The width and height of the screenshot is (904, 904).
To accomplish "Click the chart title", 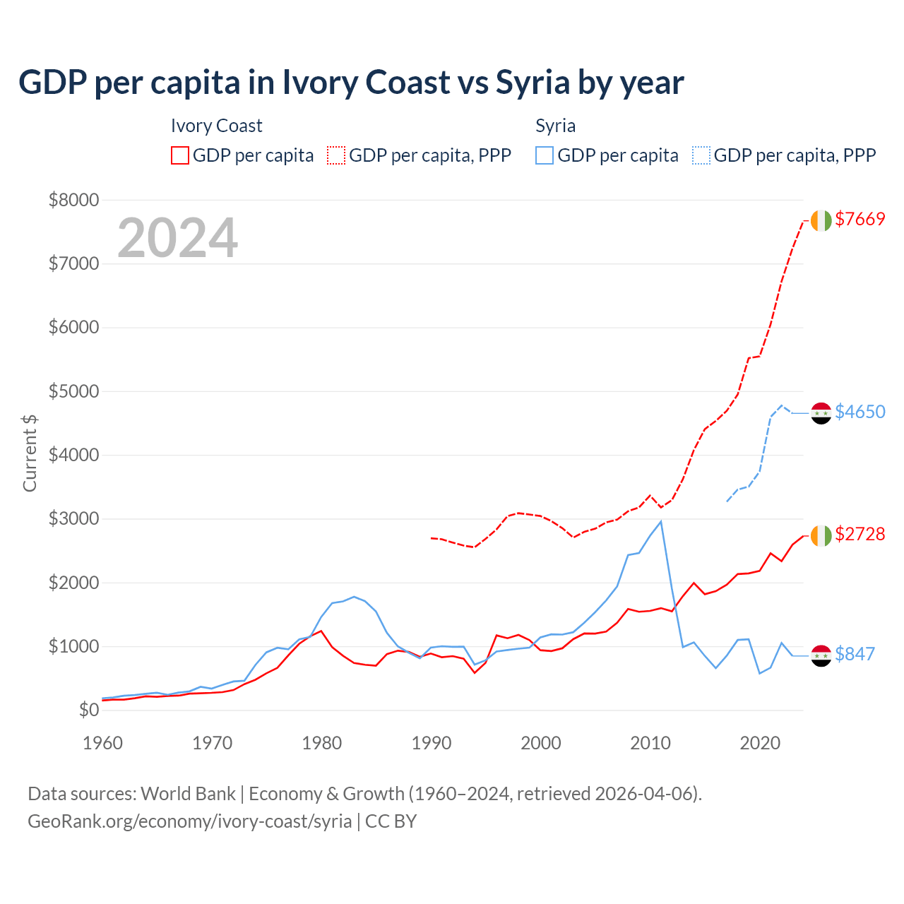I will pyautogui.click(x=351, y=83).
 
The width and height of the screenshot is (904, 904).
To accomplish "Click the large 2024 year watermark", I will pyautogui.click(x=177, y=238).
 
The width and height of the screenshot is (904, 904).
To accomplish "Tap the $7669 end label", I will pyautogui.click(x=860, y=219).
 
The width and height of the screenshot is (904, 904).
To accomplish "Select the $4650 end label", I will pyautogui.click(x=860, y=412).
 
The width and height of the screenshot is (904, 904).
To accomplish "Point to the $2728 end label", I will pyautogui.click(x=860, y=534).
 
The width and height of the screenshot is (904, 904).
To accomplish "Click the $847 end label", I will pyautogui.click(x=855, y=654).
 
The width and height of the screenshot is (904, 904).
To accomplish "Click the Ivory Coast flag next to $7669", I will pyautogui.click(x=821, y=220).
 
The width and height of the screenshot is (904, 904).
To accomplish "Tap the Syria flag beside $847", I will pyautogui.click(x=821, y=655).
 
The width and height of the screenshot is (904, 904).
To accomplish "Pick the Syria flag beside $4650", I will pyautogui.click(x=821, y=413).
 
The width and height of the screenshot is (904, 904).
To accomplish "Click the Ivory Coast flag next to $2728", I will pyautogui.click(x=821, y=535).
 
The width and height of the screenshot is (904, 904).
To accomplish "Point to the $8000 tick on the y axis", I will pyautogui.click(x=73, y=200).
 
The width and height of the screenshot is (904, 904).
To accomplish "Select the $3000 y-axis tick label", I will pyautogui.click(x=73, y=519).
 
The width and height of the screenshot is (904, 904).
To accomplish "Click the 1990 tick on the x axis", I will pyautogui.click(x=432, y=743).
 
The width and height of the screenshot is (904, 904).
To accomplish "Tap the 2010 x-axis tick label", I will pyautogui.click(x=650, y=743).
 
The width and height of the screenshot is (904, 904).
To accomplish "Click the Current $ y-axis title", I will pyautogui.click(x=30, y=453).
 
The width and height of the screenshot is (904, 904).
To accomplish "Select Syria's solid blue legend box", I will pyautogui.click(x=544, y=155).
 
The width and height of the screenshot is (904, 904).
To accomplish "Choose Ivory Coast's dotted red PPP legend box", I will pyautogui.click(x=336, y=155).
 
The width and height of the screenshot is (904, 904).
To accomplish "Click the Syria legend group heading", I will pyautogui.click(x=555, y=126).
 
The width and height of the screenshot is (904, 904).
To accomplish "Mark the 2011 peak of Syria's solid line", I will pyautogui.click(x=660, y=522).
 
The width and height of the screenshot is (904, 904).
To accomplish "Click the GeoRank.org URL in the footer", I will pyautogui.click(x=189, y=821).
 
